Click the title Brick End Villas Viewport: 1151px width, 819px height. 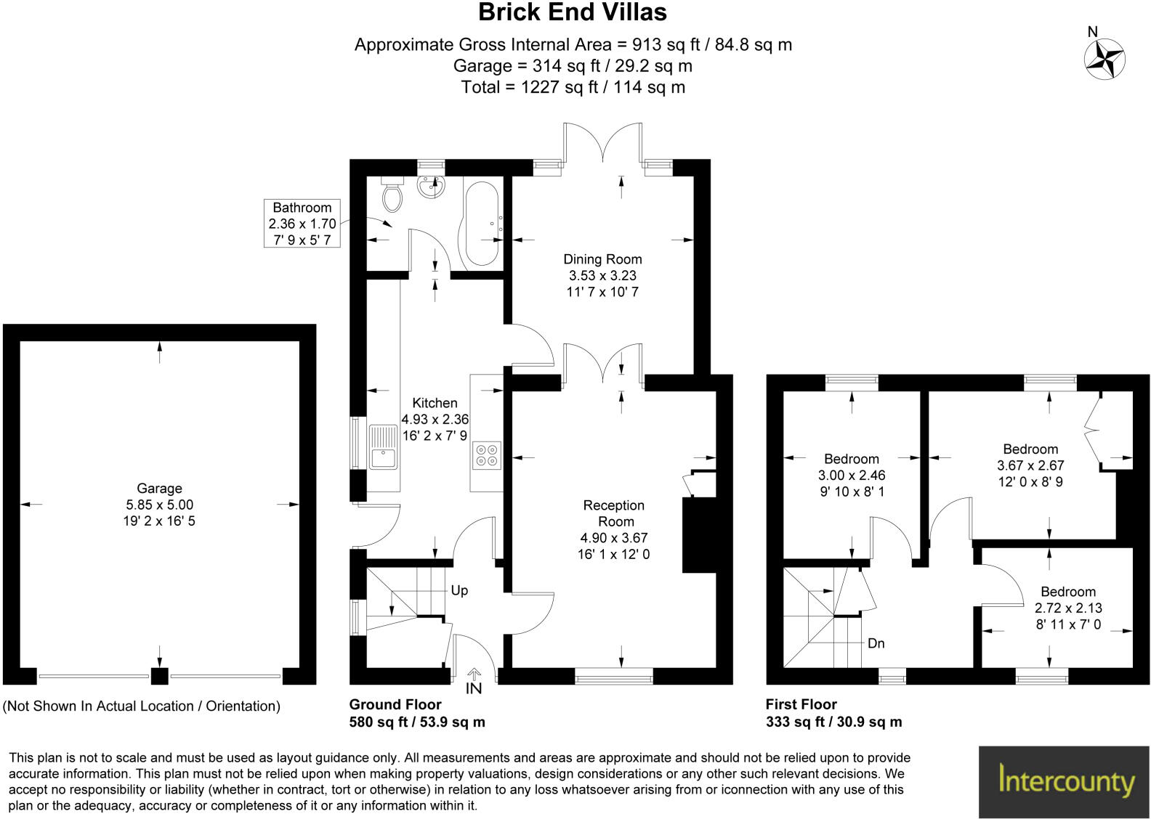pos(573,12)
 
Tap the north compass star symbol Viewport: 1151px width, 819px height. pos(1104,58)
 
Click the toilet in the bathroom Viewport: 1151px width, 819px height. pos(392,193)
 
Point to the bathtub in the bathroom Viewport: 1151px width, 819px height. pos(480,224)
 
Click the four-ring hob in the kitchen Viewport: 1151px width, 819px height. pos(486,455)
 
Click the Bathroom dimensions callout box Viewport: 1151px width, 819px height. pos(302,224)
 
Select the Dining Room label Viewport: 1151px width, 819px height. pos(602,259)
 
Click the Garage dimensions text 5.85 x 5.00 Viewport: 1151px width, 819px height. pos(159,505)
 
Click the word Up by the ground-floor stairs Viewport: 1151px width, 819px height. pos(459,591)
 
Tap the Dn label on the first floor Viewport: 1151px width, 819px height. pos(876,644)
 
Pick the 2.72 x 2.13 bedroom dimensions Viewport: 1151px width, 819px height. pos(1067,608)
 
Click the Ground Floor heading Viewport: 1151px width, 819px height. pos(395,704)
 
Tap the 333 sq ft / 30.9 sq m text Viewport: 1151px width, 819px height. pos(833,722)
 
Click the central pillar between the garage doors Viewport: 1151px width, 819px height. pos(159,676)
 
